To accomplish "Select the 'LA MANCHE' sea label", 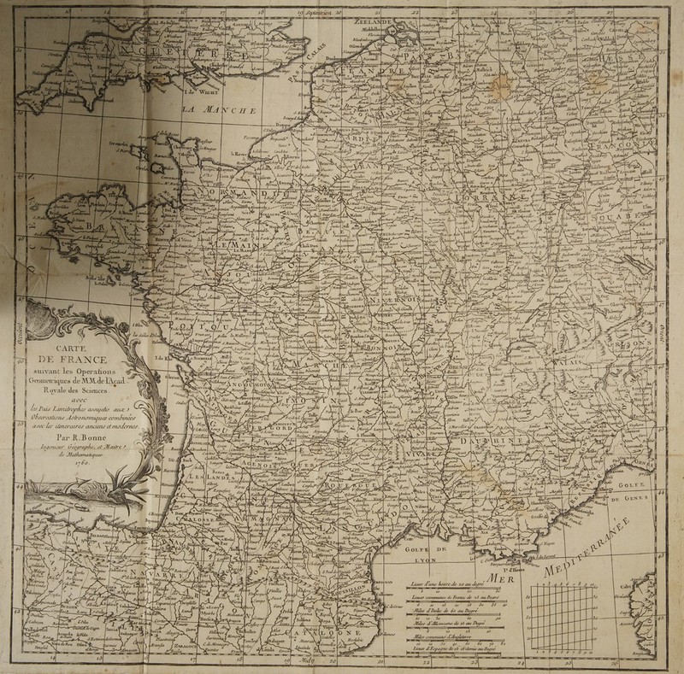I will [222, 112].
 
